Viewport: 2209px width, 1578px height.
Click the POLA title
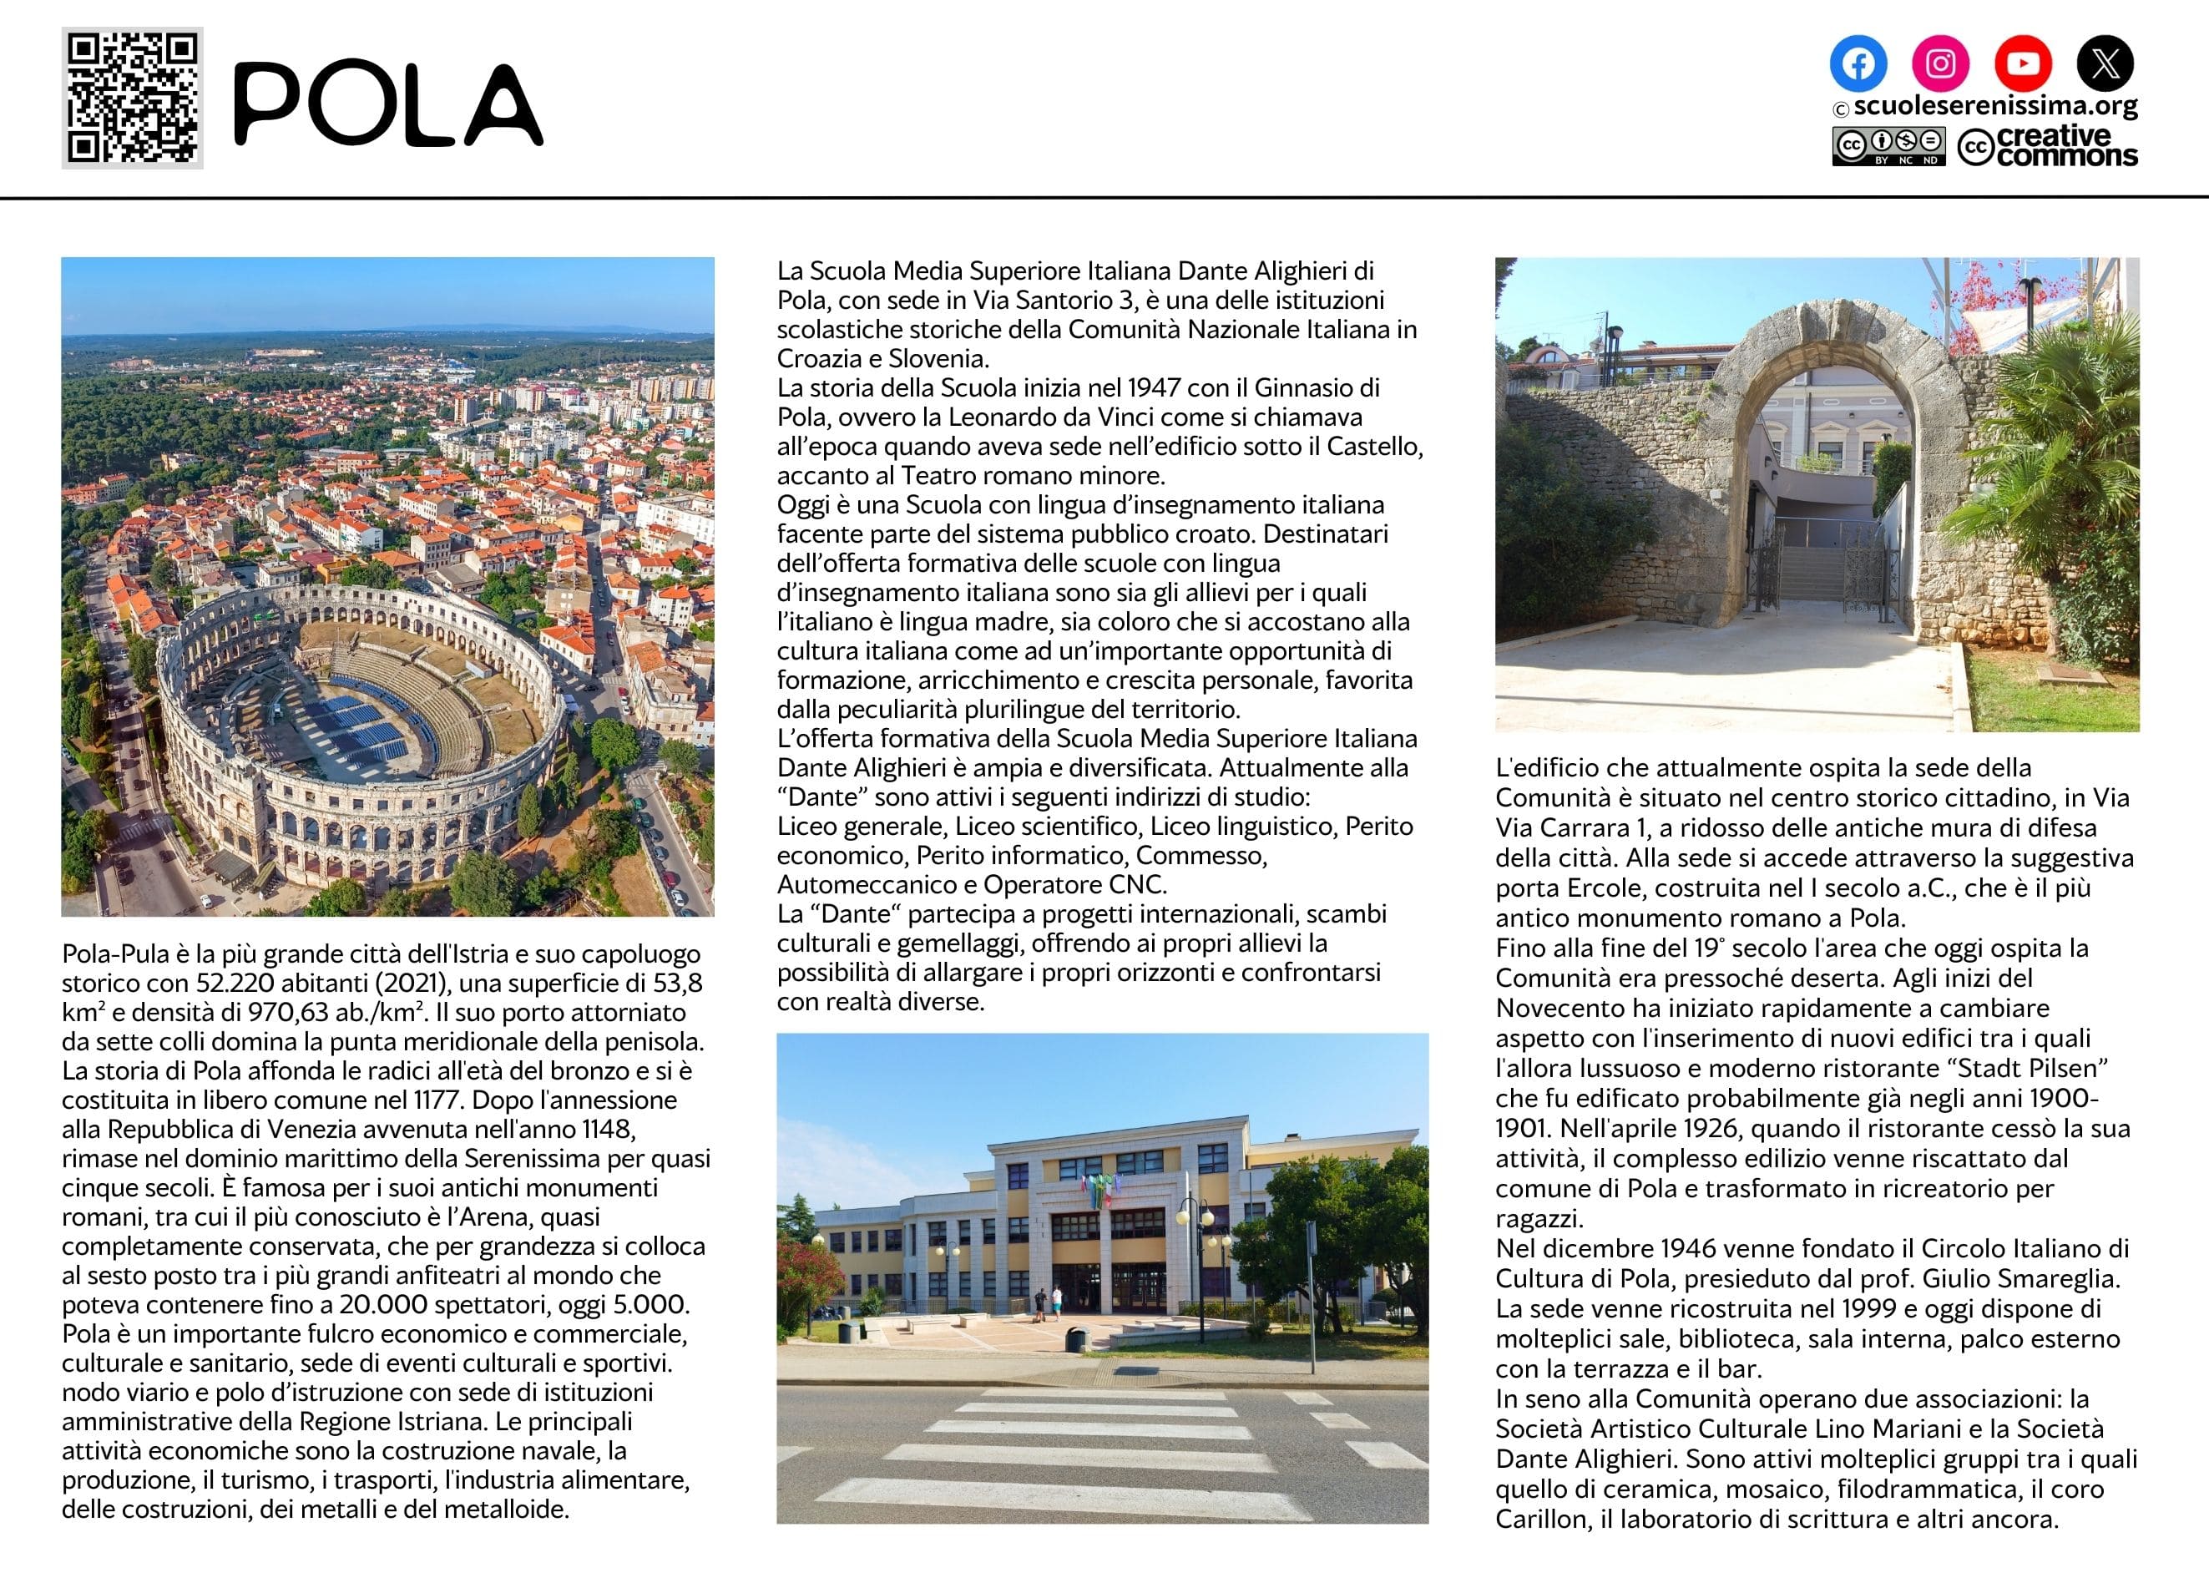388,105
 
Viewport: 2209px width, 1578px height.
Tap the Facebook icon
1858,63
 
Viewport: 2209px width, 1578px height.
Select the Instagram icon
1940,63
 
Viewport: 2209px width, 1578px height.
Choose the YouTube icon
2023,63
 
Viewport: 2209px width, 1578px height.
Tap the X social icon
2105,63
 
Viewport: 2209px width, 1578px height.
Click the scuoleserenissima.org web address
1994,106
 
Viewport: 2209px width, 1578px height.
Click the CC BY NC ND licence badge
1888,147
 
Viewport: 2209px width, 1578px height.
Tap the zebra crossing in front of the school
1098,1448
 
